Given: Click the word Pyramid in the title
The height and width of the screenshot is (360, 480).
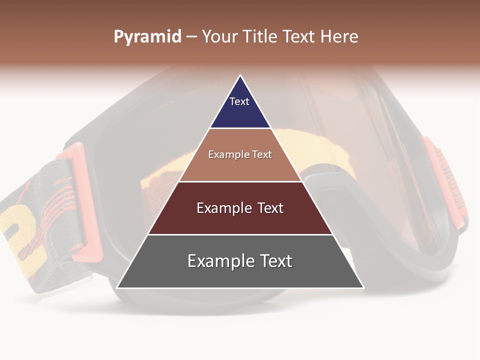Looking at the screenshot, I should [x=147, y=37].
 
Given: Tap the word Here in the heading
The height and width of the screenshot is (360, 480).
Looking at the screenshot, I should [x=339, y=37].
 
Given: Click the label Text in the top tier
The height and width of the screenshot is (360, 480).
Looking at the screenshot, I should [x=239, y=101].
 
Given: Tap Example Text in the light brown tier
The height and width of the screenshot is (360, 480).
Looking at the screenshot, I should [x=240, y=154].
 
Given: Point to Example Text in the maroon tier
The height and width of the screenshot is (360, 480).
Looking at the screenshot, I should [x=240, y=208].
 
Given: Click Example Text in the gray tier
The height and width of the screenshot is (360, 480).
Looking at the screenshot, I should [x=240, y=261].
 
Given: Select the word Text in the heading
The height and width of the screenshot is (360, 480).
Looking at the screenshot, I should [x=300, y=37].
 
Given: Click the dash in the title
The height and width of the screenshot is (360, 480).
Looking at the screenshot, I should [x=191, y=37].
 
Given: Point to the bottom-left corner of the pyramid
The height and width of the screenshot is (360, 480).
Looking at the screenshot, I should [x=117, y=287].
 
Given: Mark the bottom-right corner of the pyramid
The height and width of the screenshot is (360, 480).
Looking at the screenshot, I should [x=363, y=287].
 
